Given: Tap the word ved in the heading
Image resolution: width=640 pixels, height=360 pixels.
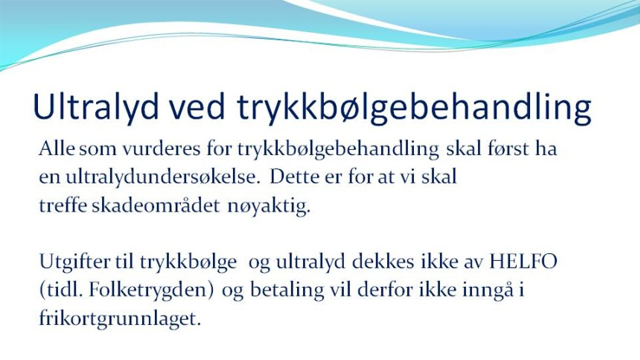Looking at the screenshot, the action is pos(197,107).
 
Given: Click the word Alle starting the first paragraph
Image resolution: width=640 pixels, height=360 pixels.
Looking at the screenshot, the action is pos(57,149).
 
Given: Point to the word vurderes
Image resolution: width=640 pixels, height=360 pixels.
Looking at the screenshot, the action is pos(161,149).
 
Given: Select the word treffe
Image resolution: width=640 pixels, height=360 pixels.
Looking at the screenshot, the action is pos(63,206).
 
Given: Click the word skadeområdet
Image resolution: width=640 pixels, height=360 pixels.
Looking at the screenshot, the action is pos(156,206).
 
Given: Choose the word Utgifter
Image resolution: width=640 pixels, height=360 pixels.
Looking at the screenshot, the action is pos(75,263).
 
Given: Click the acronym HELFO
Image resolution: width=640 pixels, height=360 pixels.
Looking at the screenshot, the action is pos(523,262).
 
